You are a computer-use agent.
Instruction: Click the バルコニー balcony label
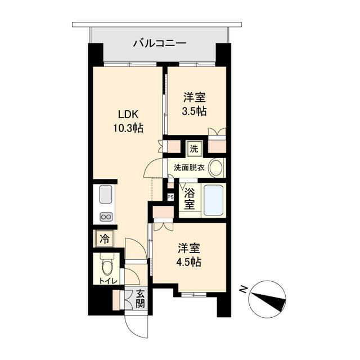pos(159,43)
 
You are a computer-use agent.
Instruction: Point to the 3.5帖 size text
pos(195,111)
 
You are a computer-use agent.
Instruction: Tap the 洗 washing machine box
pos(194,149)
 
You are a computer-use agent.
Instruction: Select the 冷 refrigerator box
pos(104,238)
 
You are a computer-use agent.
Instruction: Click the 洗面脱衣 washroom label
pos(186,167)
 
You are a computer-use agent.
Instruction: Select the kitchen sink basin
pos(106,196)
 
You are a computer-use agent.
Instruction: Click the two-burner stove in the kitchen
pos(106,217)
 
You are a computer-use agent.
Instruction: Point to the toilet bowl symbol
pos(106,265)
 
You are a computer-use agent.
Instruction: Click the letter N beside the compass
pos(243,290)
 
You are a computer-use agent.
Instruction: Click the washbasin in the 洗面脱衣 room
pos(215,167)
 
